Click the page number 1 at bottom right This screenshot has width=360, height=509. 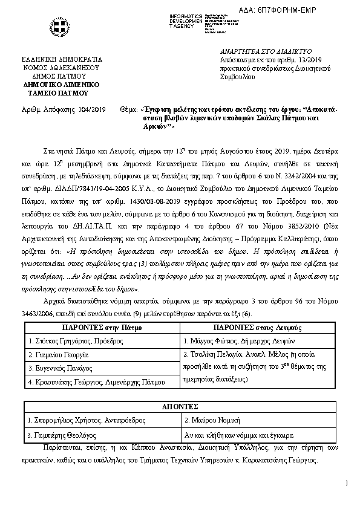(347, 482)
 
